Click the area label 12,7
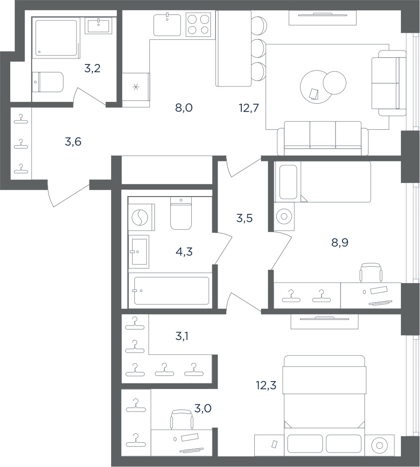pos(249,108)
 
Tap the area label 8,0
pos(184,108)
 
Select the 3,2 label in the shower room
pos(92,69)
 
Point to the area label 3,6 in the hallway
pos(73,142)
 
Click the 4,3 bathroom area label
pos(184,252)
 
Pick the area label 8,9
pos(340,243)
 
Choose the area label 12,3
pos(266,385)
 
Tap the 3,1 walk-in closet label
pos(182,337)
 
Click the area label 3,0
pos(203,408)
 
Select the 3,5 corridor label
pos(245,218)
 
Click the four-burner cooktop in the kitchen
pos(198,24)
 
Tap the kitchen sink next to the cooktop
pos(167,25)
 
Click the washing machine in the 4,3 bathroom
pos(141,217)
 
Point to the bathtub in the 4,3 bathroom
pos(171,290)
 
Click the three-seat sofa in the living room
pos(323,138)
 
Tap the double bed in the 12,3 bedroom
pos(324,406)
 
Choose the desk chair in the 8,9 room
pos(371,272)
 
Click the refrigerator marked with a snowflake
pos(136,90)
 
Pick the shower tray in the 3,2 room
pos(56,38)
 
